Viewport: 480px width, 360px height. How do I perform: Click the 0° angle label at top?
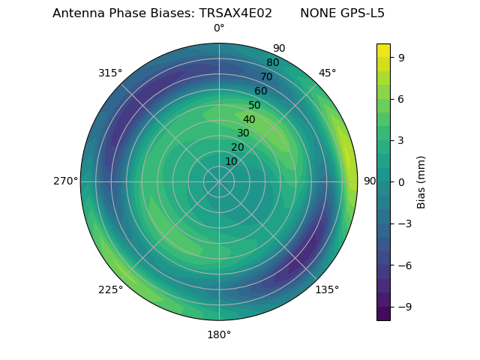[219, 28]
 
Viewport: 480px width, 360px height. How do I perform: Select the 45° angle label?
[327, 73]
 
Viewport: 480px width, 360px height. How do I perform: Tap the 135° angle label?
[327, 289]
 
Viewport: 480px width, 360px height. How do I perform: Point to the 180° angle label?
[219, 334]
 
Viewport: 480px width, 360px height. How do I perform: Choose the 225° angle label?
[110, 289]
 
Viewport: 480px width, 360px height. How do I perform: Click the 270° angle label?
[65, 181]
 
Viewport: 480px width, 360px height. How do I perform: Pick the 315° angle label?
[110, 73]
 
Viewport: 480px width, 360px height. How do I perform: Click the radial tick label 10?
[231, 162]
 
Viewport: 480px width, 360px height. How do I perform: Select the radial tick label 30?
[243, 133]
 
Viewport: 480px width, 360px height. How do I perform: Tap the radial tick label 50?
[255, 106]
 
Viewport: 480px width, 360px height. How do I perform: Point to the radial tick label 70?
[266, 77]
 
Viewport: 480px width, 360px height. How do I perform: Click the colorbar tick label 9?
[402, 57]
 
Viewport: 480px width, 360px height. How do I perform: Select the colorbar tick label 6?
[402, 99]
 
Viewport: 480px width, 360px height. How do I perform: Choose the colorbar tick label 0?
[402, 182]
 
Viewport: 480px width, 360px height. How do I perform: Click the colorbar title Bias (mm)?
[421, 182]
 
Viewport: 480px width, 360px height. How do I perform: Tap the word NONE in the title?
[318, 13]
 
